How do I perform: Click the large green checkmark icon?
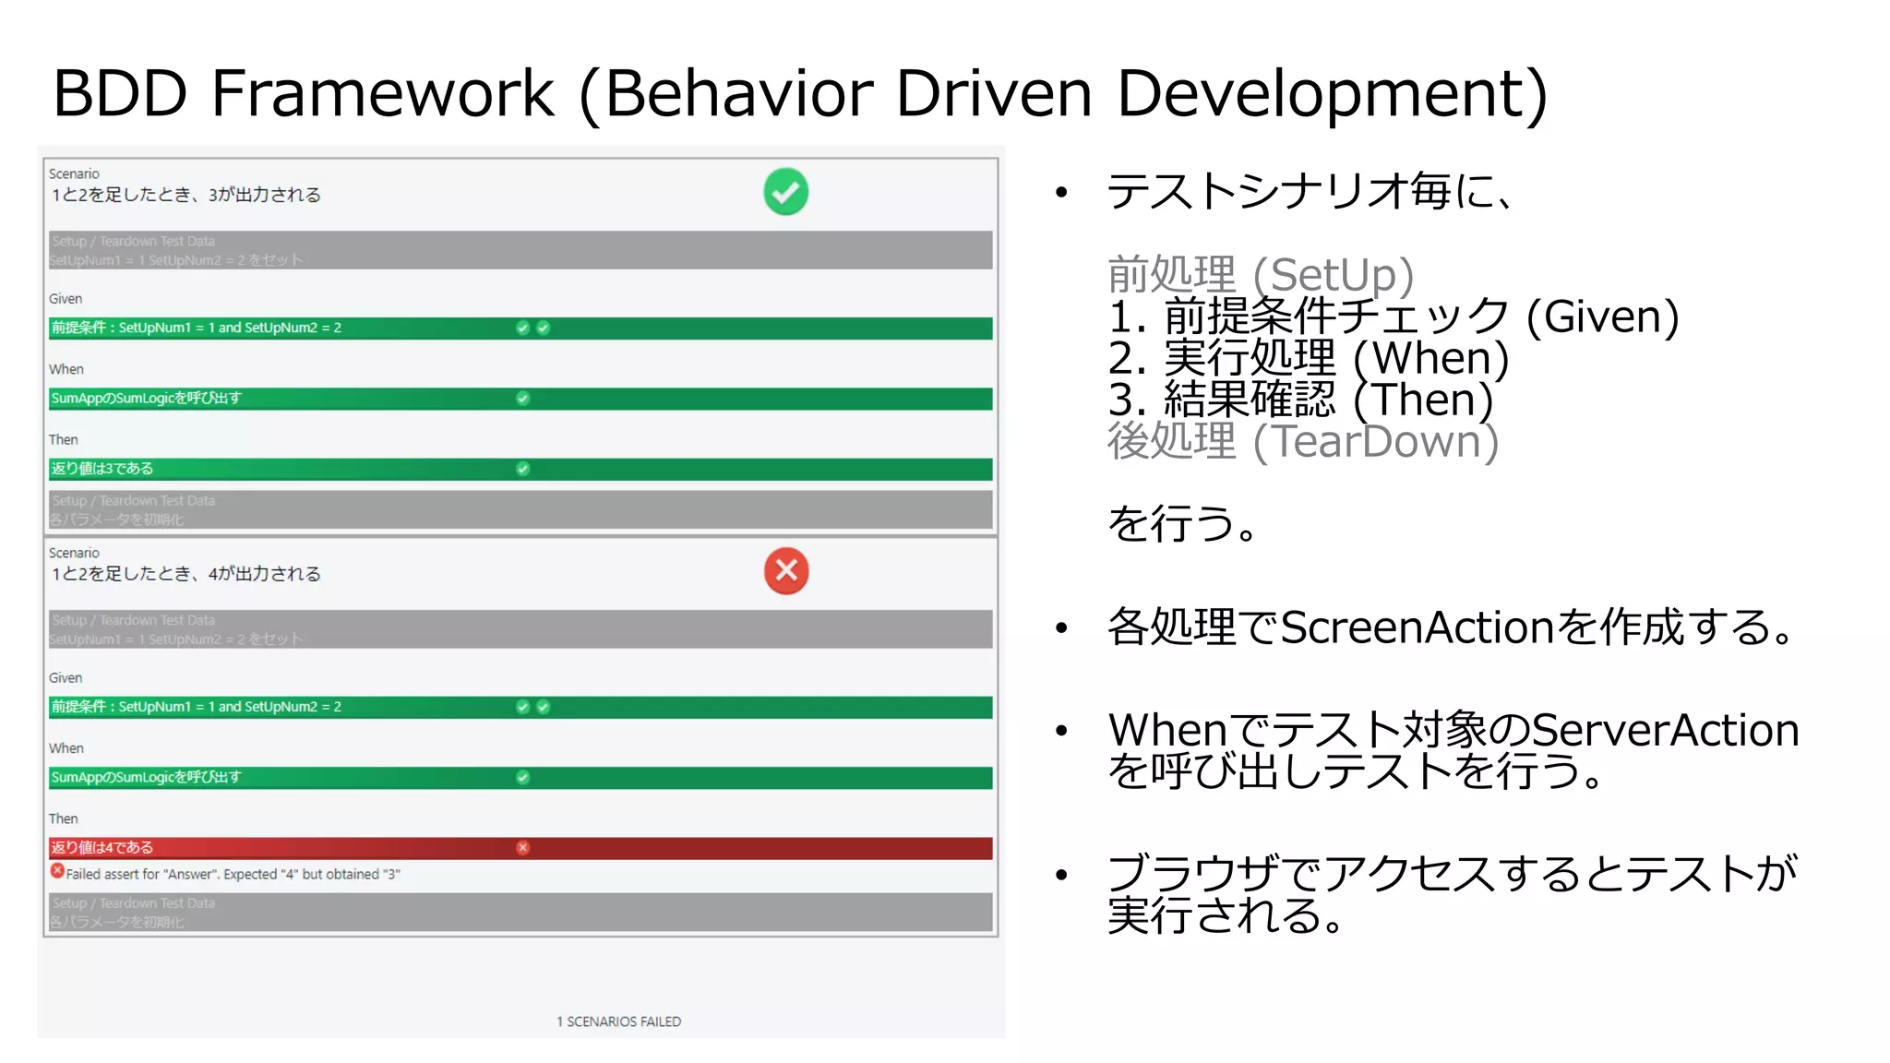click(x=785, y=192)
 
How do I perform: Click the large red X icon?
click(x=786, y=571)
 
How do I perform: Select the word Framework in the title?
click(x=382, y=93)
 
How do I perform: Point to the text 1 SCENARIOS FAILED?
click(x=618, y=1021)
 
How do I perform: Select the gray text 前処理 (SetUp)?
click(x=1260, y=275)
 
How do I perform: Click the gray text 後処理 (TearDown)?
click(x=1302, y=441)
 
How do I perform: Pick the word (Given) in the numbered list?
click(x=1602, y=317)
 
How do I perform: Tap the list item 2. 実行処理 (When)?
click(x=1308, y=358)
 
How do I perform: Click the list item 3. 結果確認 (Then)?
click(x=1300, y=400)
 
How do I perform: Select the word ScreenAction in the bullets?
click(x=1417, y=627)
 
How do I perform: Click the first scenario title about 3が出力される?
click(x=185, y=195)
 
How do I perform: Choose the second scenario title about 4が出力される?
click(x=185, y=574)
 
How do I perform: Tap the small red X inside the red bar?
click(x=523, y=847)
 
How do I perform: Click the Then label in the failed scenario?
click(x=63, y=818)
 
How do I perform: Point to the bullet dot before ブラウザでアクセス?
click(x=1061, y=875)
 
